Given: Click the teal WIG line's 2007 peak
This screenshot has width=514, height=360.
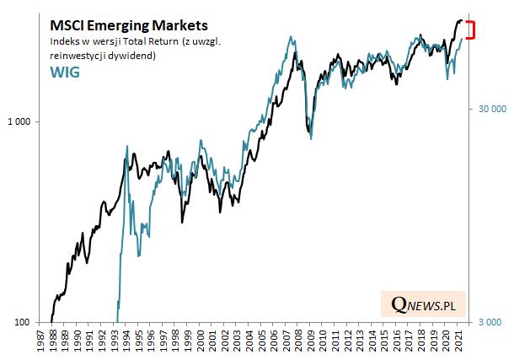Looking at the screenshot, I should coord(291,37).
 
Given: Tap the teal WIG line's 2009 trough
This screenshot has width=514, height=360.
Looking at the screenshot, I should coord(311,137).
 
